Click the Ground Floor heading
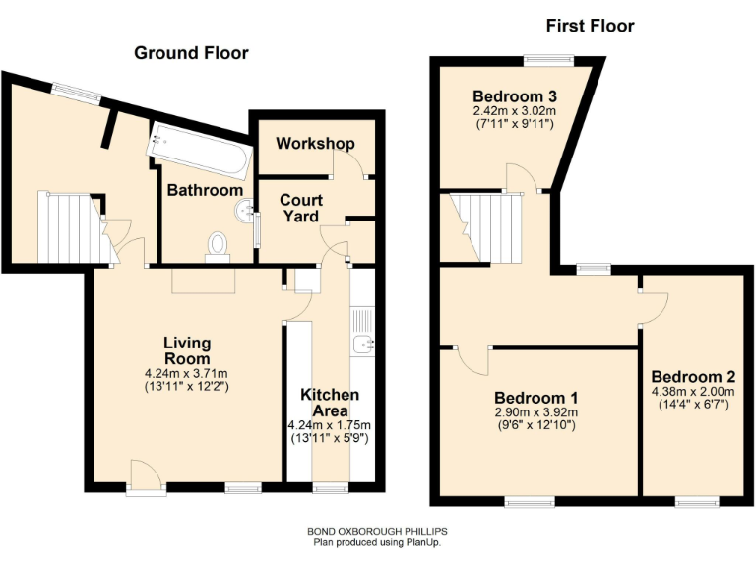click(x=191, y=52)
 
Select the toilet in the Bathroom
click(x=218, y=244)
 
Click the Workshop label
click(x=315, y=144)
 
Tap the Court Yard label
click(x=301, y=208)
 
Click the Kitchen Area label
click(x=329, y=402)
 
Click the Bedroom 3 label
click(x=516, y=96)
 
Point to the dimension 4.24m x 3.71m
click(x=187, y=374)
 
